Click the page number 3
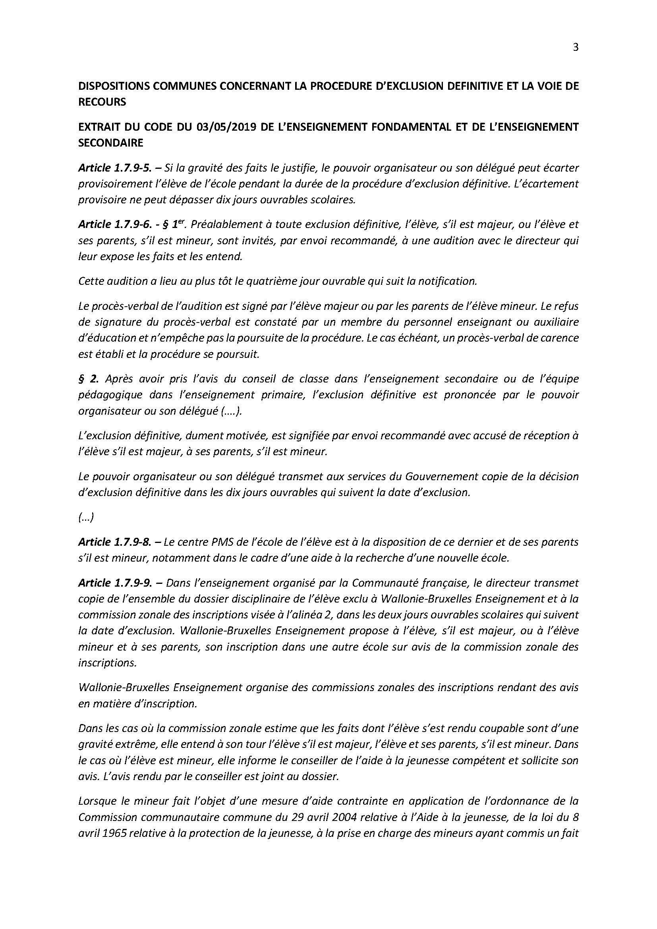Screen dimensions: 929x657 point(576,48)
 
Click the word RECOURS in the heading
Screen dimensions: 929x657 point(102,102)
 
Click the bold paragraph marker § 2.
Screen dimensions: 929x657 point(88,379)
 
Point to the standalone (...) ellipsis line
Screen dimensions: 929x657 point(86,518)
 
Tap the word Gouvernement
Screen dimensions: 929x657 point(441,477)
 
